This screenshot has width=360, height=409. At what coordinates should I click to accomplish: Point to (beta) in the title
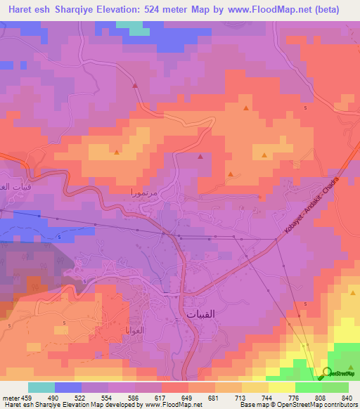pos(325,10)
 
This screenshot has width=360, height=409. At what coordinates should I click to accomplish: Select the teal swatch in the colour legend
pos(41,388)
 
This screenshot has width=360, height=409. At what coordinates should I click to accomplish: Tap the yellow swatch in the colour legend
pos(282,388)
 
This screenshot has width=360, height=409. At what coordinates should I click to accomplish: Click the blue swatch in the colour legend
pos(68,388)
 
